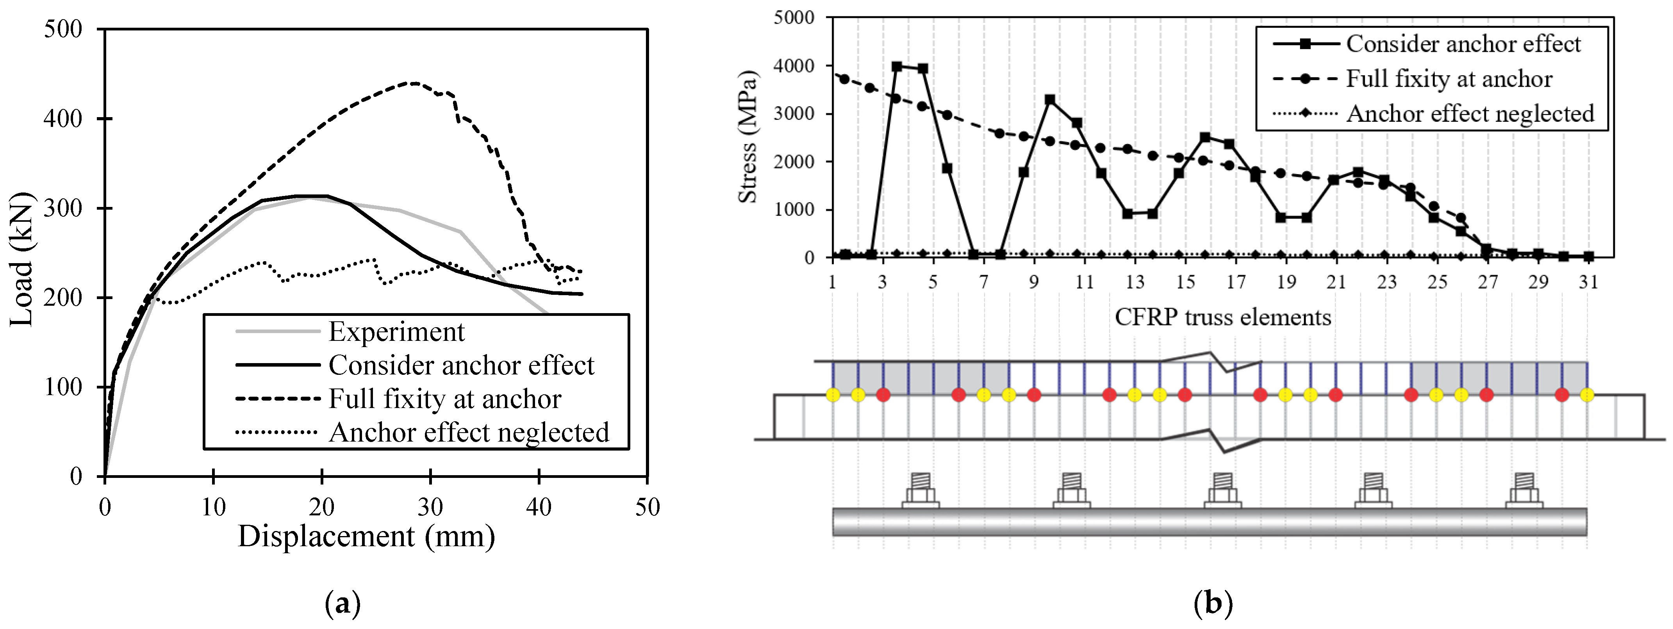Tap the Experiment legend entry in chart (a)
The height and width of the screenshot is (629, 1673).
point(396,332)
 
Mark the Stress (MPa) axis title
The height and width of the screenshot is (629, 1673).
point(748,136)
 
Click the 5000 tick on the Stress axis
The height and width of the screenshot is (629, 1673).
point(794,18)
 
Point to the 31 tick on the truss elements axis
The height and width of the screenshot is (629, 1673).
point(1588,282)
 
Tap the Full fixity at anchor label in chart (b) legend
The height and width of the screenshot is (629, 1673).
point(1448,78)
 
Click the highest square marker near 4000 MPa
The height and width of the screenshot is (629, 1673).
point(897,66)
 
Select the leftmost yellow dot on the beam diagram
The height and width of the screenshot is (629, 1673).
point(833,395)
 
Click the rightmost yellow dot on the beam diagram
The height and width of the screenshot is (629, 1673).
point(1587,395)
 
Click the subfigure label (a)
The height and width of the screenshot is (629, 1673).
point(342,604)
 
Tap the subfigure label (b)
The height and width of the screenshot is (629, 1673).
point(1213,604)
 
